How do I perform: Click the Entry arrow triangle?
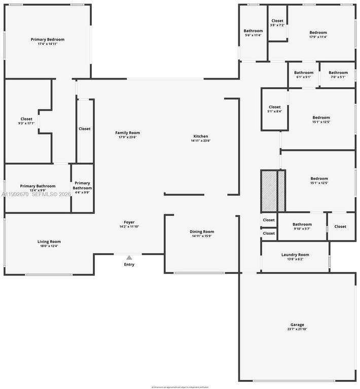point(129,257)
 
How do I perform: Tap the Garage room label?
point(297,325)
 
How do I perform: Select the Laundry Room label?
point(295,255)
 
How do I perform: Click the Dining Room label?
point(202,231)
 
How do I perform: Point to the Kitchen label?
point(200,136)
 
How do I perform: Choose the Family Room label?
point(127,133)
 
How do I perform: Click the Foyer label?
point(129,222)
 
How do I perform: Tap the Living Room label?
point(49,242)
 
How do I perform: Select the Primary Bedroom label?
point(47,40)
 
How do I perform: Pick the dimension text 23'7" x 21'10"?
point(297,329)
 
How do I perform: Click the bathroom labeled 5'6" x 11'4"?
point(253,33)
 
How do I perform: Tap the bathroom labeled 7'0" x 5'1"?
point(338,74)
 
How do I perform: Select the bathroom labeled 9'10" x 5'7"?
point(302,226)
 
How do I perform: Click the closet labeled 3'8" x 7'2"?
point(277,23)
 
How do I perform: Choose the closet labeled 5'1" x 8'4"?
point(274,109)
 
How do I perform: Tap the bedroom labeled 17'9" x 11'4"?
point(318,34)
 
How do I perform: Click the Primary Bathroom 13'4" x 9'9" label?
point(38,188)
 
